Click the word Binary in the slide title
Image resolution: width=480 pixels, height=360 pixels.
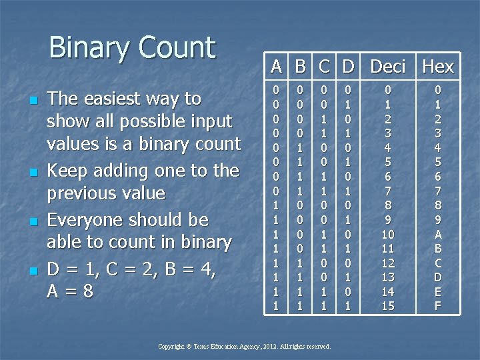pyautogui.click(x=89, y=48)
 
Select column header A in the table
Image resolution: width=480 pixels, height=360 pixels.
pyautogui.click(x=277, y=67)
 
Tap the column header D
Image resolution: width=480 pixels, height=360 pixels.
pyautogui.click(x=347, y=67)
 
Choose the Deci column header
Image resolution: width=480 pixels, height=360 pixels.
pyautogui.click(x=387, y=67)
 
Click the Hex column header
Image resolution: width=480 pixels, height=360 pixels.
pyautogui.click(x=438, y=67)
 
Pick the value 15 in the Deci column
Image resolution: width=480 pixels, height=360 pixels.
pyautogui.click(x=387, y=306)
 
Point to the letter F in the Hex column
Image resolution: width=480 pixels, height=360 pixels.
pyautogui.click(x=438, y=306)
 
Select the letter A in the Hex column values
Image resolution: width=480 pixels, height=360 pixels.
pyautogui.click(x=438, y=234)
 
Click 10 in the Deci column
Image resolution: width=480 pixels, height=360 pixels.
pyautogui.click(x=387, y=234)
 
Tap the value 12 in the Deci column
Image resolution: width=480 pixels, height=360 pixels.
pyautogui.click(x=387, y=263)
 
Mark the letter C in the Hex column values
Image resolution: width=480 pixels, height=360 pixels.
pyautogui.click(x=438, y=263)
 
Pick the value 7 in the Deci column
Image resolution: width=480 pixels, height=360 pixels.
pyautogui.click(x=387, y=191)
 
